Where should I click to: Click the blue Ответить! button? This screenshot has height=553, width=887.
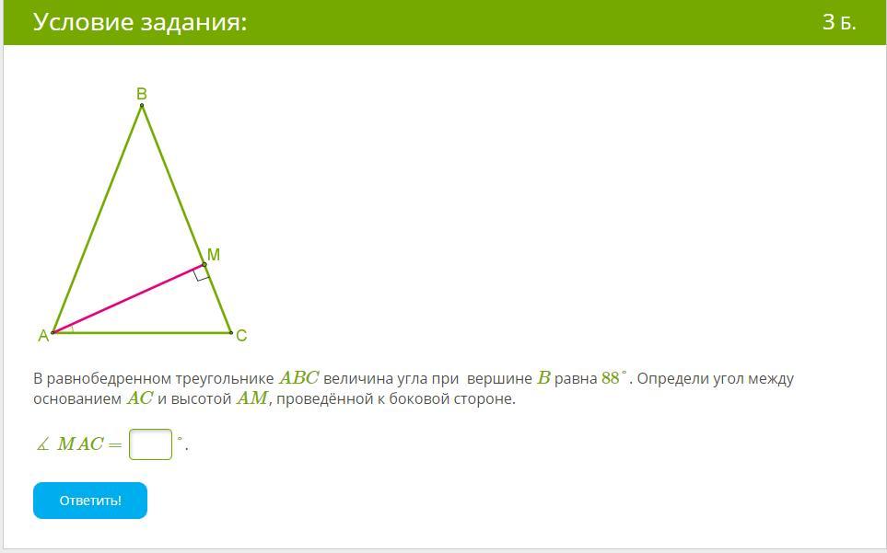click(x=90, y=501)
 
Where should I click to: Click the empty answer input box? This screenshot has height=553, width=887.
click(x=150, y=444)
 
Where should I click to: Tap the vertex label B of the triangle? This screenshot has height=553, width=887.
click(x=142, y=94)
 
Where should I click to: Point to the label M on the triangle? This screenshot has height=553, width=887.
click(x=214, y=255)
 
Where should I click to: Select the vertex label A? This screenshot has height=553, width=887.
click(x=43, y=336)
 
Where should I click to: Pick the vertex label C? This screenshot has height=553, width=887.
click(x=241, y=336)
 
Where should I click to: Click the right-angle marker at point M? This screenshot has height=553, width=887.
click(x=202, y=274)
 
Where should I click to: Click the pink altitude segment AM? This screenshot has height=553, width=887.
click(x=128, y=298)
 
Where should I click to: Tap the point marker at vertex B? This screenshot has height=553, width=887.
click(x=142, y=105)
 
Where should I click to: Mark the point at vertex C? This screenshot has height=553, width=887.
click(x=231, y=333)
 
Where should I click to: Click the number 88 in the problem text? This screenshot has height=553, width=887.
click(x=611, y=378)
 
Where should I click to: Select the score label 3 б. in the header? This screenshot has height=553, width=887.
click(x=839, y=22)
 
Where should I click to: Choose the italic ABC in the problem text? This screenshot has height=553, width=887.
click(x=299, y=378)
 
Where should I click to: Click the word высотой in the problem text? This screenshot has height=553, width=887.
click(x=202, y=398)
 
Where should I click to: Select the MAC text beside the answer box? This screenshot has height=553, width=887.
click(x=80, y=444)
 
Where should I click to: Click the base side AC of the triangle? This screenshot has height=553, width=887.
click(x=142, y=333)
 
